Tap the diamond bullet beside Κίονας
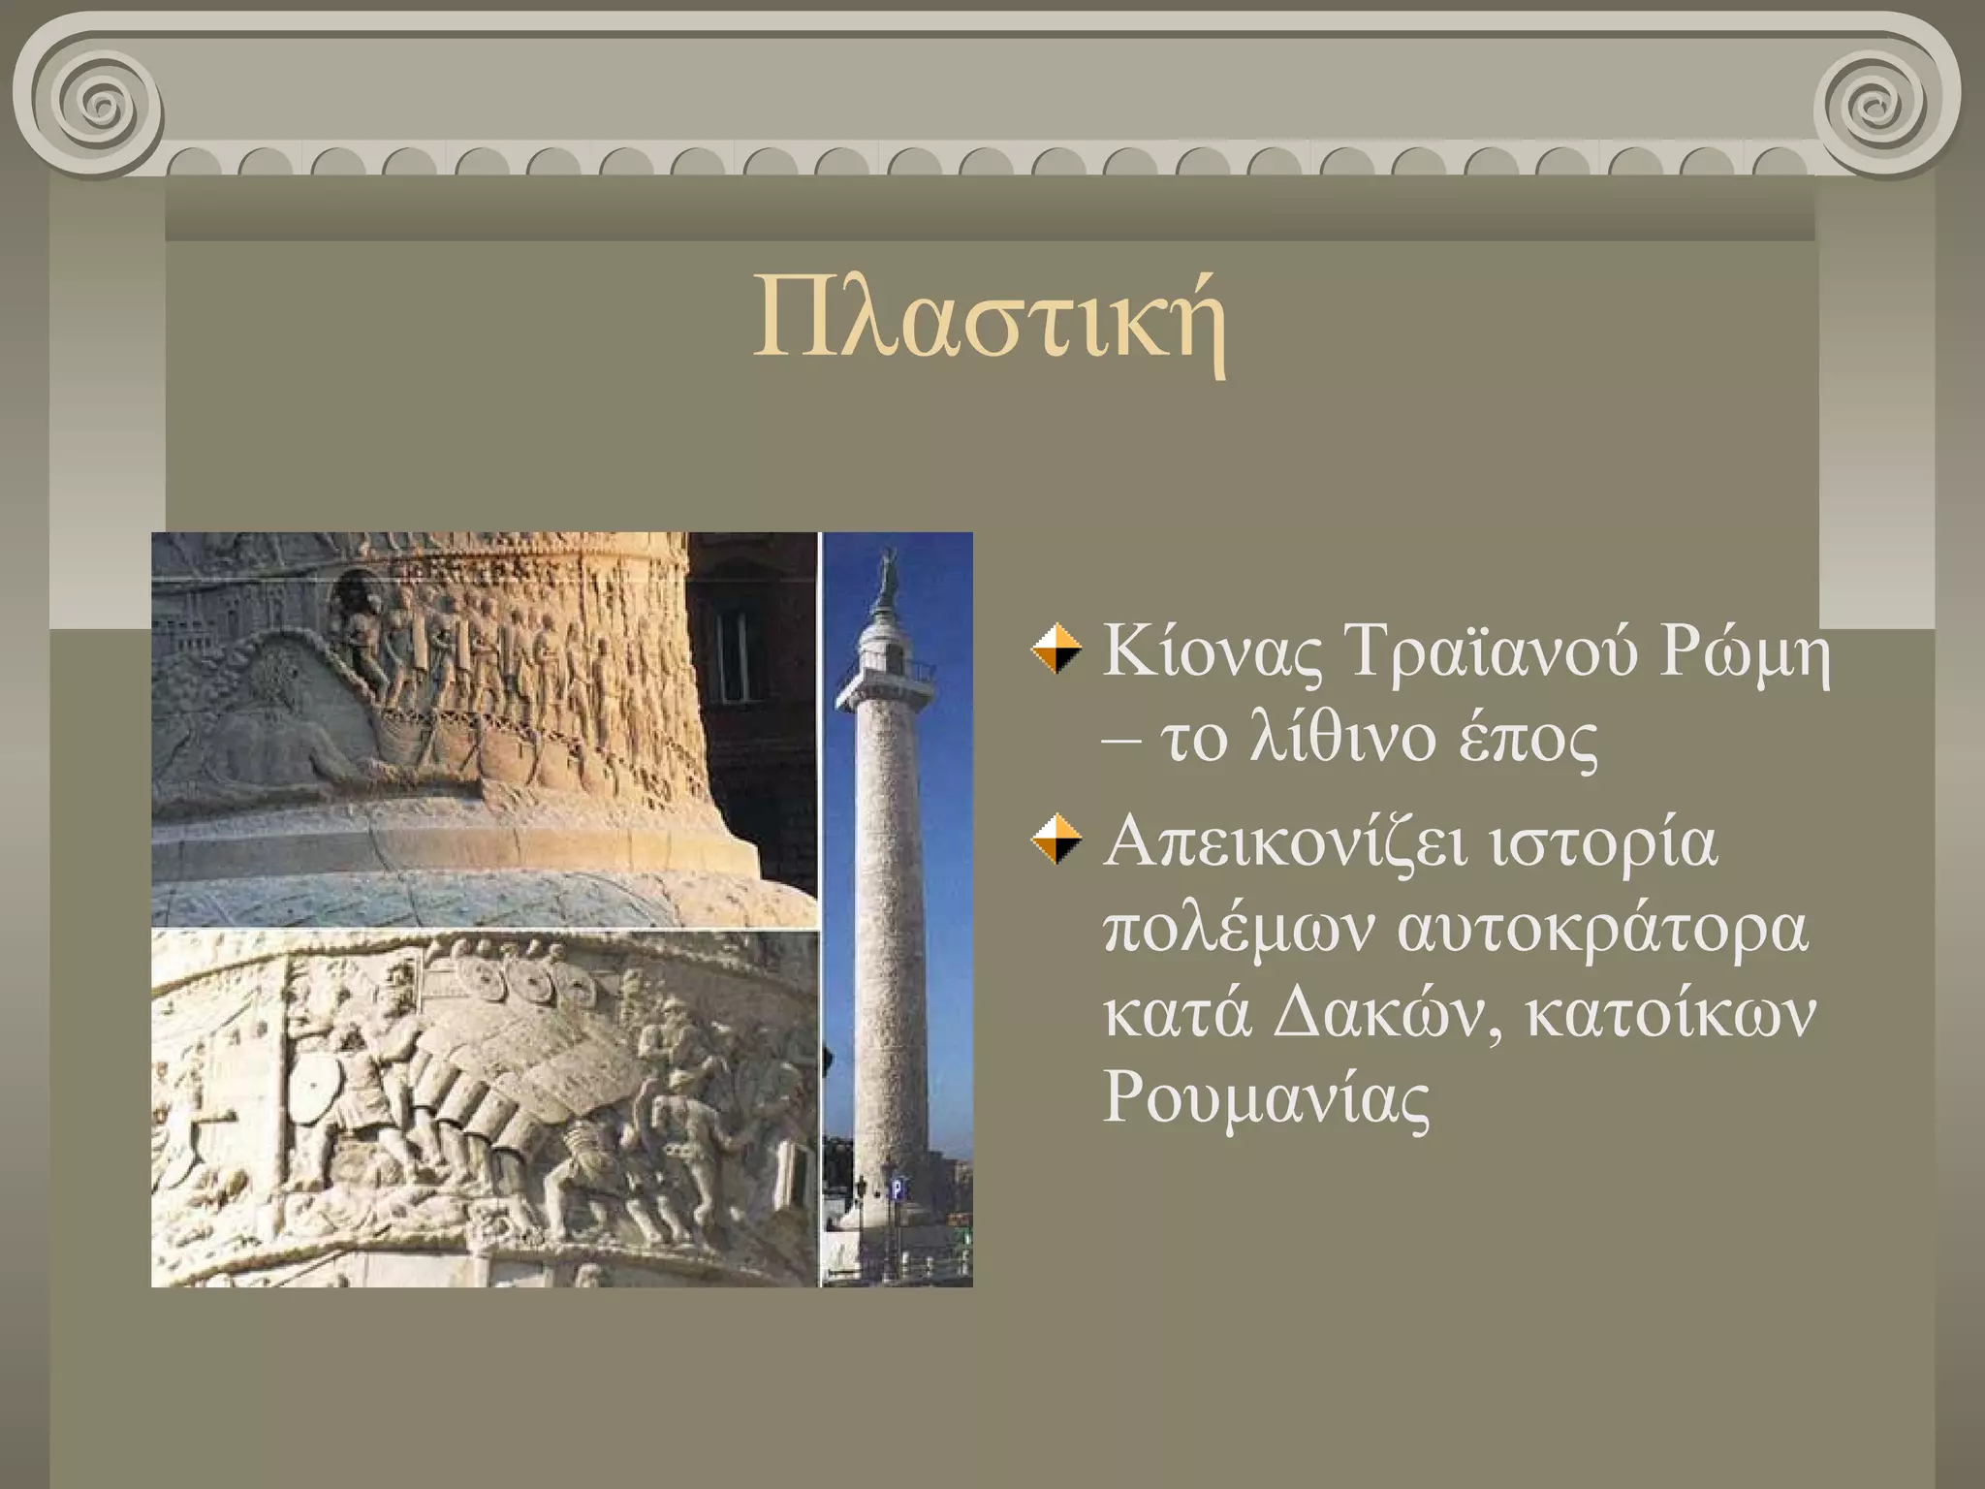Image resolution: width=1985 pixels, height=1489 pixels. click(x=1056, y=650)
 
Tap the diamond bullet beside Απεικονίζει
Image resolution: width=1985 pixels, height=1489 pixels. click(x=1056, y=840)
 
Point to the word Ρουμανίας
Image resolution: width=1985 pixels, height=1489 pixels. click(x=1266, y=1100)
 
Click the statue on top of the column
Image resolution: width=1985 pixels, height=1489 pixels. click(x=885, y=576)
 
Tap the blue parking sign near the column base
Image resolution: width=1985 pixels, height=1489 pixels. click(x=897, y=1188)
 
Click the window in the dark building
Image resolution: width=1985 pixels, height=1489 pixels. click(x=732, y=640)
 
